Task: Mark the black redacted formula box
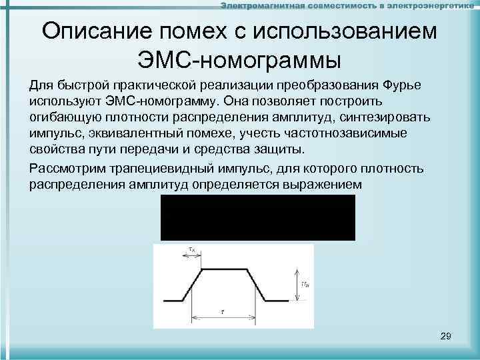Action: click(x=257, y=217)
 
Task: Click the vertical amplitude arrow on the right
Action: click(x=294, y=284)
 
